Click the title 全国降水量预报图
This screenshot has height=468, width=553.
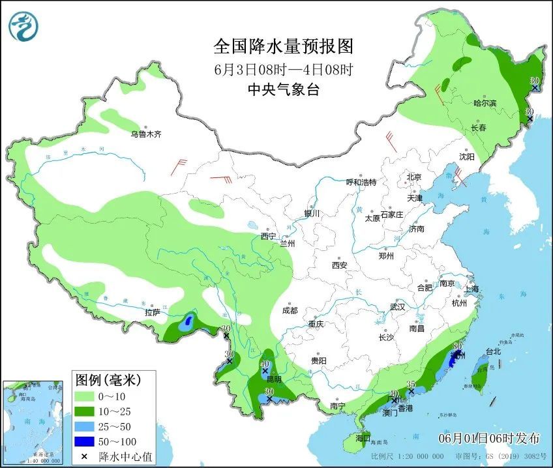(283, 46)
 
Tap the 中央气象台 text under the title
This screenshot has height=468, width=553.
(283, 90)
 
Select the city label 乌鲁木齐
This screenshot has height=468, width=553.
(145, 134)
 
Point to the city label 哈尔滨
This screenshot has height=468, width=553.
(485, 103)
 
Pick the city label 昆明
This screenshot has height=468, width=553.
(274, 379)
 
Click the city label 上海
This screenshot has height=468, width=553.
(470, 289)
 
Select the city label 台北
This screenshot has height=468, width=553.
(493, 351)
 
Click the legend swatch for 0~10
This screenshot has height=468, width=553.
(85, 396)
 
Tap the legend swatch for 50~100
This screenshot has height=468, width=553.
(85, 440)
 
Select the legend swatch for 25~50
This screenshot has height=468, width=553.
(85, 425)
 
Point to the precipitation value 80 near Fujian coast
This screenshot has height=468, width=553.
(457, 346)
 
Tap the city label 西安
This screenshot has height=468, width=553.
(339, 265)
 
